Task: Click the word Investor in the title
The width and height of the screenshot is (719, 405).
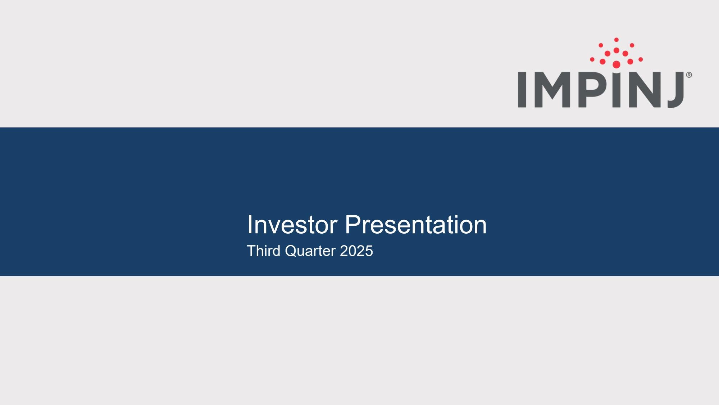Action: pyautogui.click(x=292, y=225)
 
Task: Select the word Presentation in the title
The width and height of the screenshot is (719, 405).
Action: pyautogui.click(x=416, y=225)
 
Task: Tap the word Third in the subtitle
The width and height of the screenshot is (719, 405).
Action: pyautogui.click(x=263, y=251)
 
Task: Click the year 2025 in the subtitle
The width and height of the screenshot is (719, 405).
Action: pyautogui.click(x=356, y=251)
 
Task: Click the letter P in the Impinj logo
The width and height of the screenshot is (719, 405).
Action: pyautogui.click(x=592, y=90)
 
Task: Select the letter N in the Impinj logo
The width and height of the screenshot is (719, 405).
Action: pyautogui.click(x=643, y=90)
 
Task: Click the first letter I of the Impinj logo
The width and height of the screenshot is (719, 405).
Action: pyautogui.click(x=522, y=90)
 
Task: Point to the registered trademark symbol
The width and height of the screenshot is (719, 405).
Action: pyautogui.click(x=689, y=75)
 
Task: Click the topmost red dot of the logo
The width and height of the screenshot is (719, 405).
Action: pyautogui.click(x=616, y=40)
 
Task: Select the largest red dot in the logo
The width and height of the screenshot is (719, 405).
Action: pyautogui.click(x=616, y=64)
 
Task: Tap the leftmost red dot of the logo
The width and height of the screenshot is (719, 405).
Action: pyautogui.click(x=592, y=59)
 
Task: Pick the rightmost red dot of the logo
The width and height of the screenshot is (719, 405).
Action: pyautogui.click(x=641, y=59)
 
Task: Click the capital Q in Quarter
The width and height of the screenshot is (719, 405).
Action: pyautogui.click(x=291, y=251)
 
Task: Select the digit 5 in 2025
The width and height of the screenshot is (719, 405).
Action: pyautogui.click(x=369, y=251)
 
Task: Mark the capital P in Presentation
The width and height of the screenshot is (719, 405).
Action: pyautogui.click(x=353, y=225)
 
